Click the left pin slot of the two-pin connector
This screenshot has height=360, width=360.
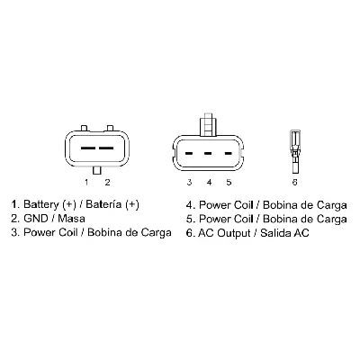point(86,145)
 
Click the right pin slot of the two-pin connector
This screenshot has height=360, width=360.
point(106,145)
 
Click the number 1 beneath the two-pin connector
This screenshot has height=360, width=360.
point(86,183)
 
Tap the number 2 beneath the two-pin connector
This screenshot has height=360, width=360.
point(106,183)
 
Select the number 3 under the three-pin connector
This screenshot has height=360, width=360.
point(190,183)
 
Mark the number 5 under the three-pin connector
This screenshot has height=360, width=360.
point(229,183)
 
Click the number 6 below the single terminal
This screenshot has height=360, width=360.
point(294,183)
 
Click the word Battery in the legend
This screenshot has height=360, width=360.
point(41,204)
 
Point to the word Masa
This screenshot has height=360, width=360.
point(70,219)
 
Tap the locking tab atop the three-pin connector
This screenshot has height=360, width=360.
point(208,121)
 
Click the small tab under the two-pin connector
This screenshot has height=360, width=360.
point(96,168)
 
